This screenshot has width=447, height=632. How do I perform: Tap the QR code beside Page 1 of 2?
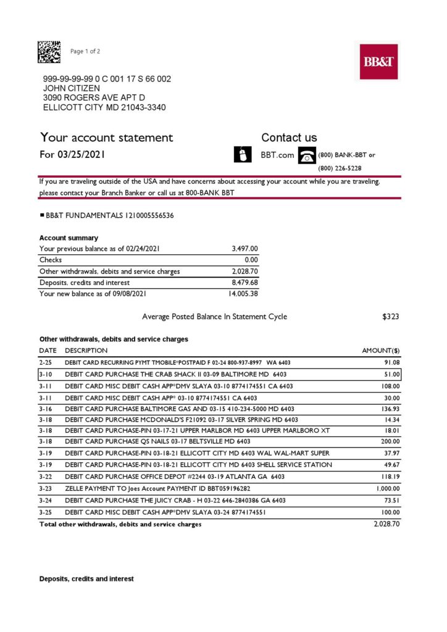49,52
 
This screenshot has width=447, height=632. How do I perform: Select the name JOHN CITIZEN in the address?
71,88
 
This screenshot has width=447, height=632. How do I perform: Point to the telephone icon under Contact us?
306,155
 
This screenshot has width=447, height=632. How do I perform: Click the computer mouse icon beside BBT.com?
243,154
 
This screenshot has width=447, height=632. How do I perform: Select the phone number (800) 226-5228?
340,168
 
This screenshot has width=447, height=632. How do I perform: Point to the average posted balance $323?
390,317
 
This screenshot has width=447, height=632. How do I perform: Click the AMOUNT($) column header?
380,351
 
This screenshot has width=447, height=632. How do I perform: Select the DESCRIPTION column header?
86,351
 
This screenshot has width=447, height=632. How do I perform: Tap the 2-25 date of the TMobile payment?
45,362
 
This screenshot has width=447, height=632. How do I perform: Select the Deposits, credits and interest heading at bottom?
86,579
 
